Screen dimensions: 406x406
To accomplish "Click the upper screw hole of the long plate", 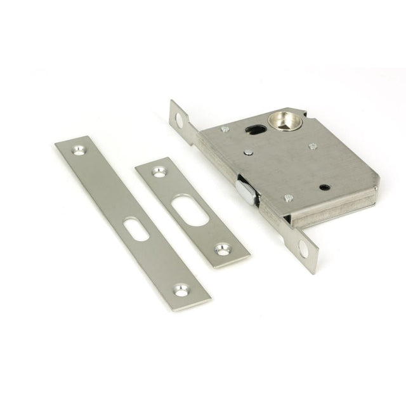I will pos(79,150).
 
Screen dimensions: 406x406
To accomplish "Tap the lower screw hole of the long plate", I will pos(181,291).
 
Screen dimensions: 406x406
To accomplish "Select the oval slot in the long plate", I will pos(136,228).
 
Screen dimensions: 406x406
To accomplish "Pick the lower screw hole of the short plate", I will pos(223,249).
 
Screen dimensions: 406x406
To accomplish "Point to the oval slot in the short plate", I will pos(190,210).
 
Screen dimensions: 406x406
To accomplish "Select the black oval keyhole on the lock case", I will pos(255,129).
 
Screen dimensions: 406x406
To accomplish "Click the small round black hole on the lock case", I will pos(324,187).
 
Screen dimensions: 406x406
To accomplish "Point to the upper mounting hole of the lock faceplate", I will pos(180,119).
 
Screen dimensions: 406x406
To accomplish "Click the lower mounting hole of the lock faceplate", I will pos(303,248).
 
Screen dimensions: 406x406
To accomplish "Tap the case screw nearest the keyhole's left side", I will pos(225,129).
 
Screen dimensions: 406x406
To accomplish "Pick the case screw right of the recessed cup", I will pos(313,146).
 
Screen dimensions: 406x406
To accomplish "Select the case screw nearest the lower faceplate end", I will pos(289,198).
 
